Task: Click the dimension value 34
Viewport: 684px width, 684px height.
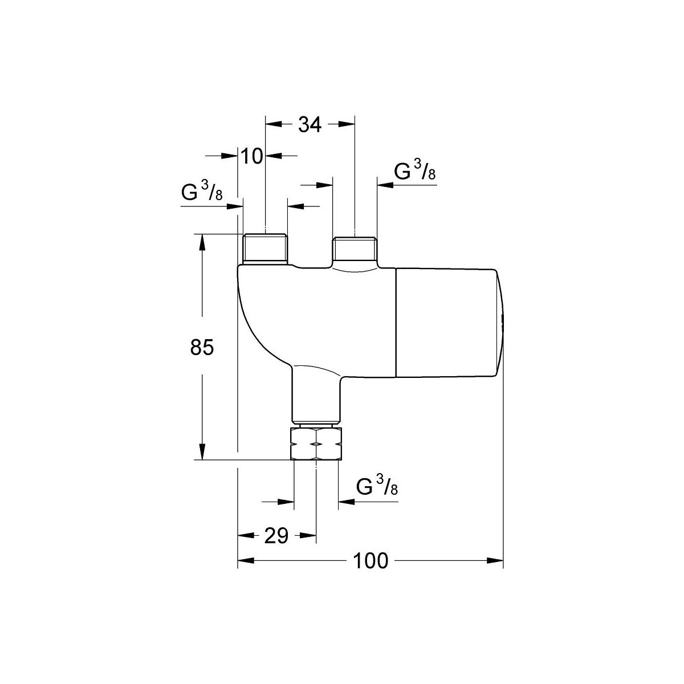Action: pyautogui.click(x=310, y=125)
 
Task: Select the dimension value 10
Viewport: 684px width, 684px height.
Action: pyautogui.click(x=252, y=156)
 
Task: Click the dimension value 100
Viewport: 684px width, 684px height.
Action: pyautogui.click(x=370, y=561)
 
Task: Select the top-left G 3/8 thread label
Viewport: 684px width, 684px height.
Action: pyautogui.click(x=202, y=190)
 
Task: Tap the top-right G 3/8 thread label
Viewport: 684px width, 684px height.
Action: pyautogui.click(x=415, y=170)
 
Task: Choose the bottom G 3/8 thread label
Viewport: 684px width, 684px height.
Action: pyautogui.click(x=377, y=486)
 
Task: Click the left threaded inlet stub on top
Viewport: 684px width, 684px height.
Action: pyautogui.click(x=265, y=249)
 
